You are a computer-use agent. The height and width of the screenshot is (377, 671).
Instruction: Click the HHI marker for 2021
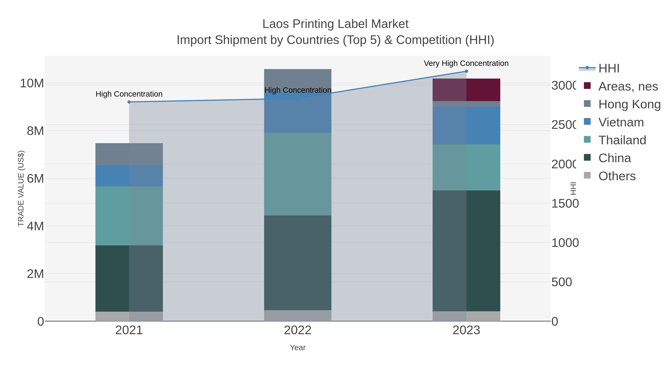pyautogui.click(x=129, y=102)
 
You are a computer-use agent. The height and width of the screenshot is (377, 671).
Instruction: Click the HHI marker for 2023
pyautogui.click(x=466, y=71)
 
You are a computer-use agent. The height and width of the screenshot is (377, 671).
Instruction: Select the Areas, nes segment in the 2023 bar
pyautogui.click(x=466, y=90)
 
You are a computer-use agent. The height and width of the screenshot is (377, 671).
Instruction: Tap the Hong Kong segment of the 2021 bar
pyautogui.click(x=129, y=154)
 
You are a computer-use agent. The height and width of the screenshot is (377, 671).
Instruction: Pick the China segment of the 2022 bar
pyautogui.click(x=297, y=263)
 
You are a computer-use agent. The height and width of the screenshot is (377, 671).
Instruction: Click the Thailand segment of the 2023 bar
pyautogui.click(x=466, y=167)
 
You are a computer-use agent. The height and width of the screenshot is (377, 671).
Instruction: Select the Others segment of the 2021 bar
pyautogui.click(x=129, y=316)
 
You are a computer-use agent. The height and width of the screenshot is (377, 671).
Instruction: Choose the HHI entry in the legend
pyautogui.click(x=609, y=69)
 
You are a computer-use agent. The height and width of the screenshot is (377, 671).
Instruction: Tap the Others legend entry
pyautogui.click(x=617, y=176)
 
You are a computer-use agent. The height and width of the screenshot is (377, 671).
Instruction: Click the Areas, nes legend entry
pyautogui.click(x=628, y=86)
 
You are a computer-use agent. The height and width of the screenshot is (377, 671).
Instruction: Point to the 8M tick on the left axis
pyautogui.click(x=35, y=131)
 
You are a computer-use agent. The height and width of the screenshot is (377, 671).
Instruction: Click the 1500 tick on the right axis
pyautogui.click(x=565, y=203)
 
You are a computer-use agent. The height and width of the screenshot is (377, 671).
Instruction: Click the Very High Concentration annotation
pyautogui.click(x=466, y=63)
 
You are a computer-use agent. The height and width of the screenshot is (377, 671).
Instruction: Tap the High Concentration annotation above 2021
pyautogui.click(x=129, y=94)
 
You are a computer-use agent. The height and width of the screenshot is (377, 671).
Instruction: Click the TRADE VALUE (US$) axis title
pyautogui.click(x=21, y=188)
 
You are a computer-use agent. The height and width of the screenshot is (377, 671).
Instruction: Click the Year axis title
pyautogui.click(x=297, y=348)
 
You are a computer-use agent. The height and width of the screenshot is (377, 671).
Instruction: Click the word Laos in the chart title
pyautogui.click(x=276, y=24)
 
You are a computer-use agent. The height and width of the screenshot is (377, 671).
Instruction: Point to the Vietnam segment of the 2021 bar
pyautogui.click(x=129, y=176)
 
